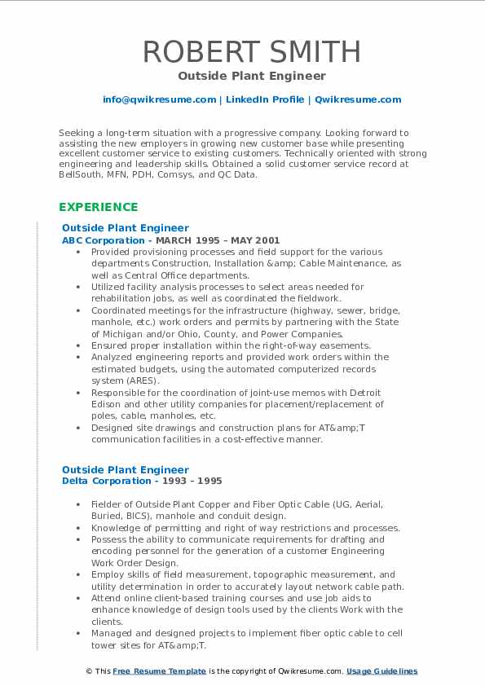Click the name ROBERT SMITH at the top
coord(252,51)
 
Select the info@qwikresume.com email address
coord(159,99)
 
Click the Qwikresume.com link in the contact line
coord(358,99)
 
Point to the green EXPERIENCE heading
coord(99,207)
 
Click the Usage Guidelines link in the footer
coord(381,671)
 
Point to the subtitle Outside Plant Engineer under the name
coord(252,76)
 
